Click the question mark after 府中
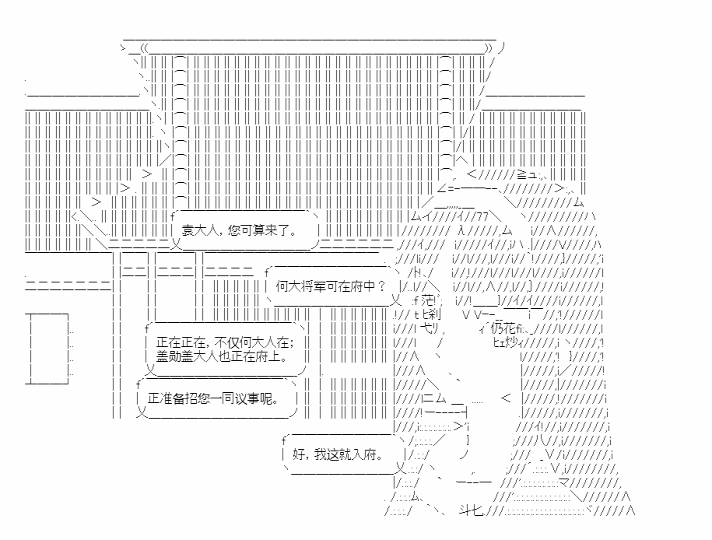click(x=381, y=286)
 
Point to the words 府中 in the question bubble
click(x=363, y=286)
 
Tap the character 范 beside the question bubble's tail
click(x=426, y=300)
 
